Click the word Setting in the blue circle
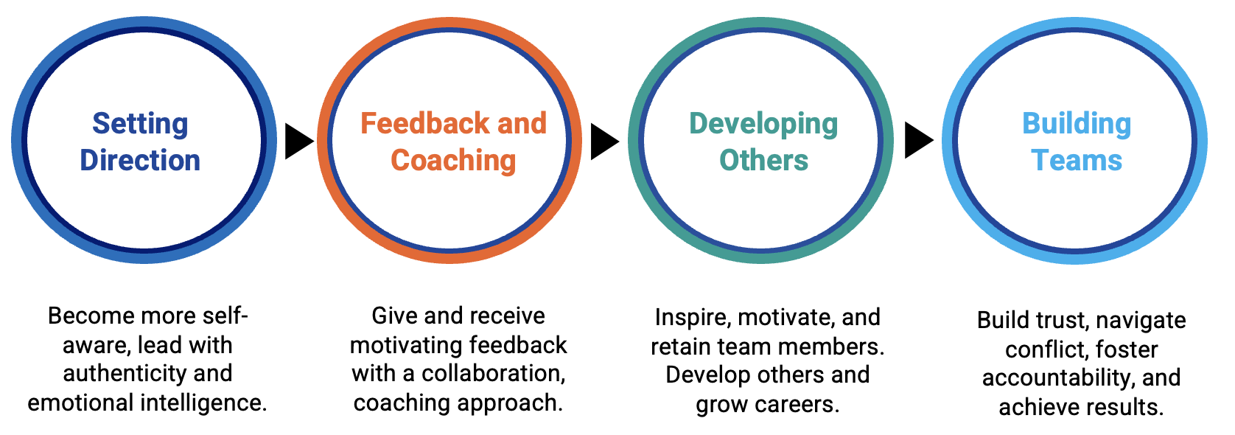(x=140, y=124)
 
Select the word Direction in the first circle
(x=140, y=161)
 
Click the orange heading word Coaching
(x=453, y=161)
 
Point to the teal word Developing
(x=763, y=124)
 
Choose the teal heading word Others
(x=763, y=161)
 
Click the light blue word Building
(x=1077, y=124)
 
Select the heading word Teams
(x=1077, y=161)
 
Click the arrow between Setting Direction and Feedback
(x=298, y=141)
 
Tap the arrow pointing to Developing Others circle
(x=603, y=141)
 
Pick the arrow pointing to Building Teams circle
(x=917, y=141)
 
